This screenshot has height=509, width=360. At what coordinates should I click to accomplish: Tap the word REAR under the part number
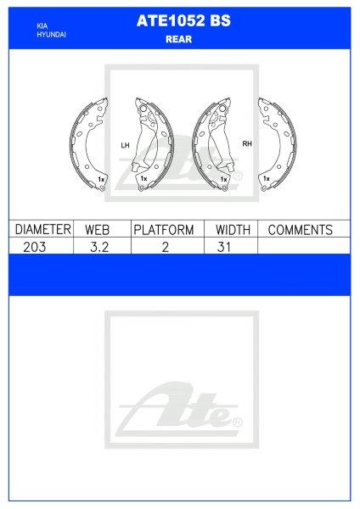[179, 40]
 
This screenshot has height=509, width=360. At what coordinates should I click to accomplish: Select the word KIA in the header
[42, 27]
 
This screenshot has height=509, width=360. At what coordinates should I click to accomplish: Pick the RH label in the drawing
[247, 144]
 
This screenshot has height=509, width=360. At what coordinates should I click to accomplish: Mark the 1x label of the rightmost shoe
[267, 179]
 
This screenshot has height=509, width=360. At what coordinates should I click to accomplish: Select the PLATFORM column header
[163, 230]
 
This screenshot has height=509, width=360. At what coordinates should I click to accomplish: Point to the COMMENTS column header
[299, 230]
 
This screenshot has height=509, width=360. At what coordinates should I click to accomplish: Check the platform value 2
[163, 246]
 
